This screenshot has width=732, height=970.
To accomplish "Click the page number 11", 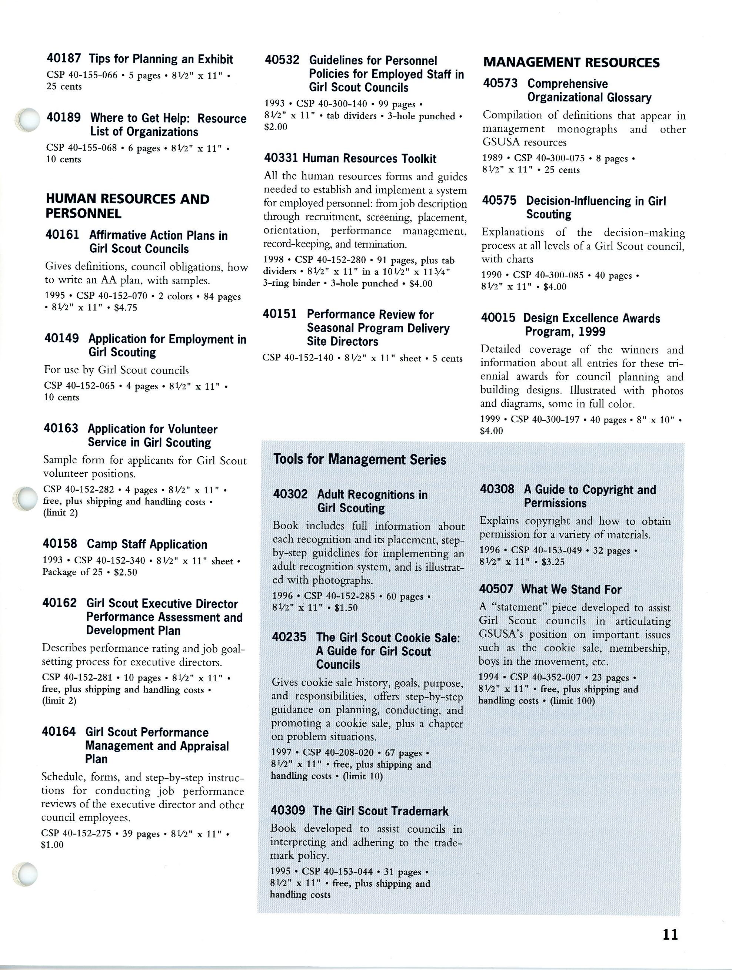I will [x=670, y=934].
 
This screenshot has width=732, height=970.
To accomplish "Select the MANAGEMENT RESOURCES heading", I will [x=571, y=63].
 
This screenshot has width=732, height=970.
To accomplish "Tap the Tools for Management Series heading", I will [x=359, y=459].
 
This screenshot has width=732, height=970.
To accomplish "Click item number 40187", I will [x=64, y=59].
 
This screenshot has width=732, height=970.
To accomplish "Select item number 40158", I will [x=60, y=544].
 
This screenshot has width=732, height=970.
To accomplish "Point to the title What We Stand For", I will [x=571, y=590].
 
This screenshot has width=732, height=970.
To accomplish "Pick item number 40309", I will [x=288, y=810].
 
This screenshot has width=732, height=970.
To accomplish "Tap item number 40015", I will [x=498, y=318].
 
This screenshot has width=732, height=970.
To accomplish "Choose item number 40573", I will [x=500, y=83].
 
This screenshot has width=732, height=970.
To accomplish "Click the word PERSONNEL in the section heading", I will [x=83, y=214].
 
